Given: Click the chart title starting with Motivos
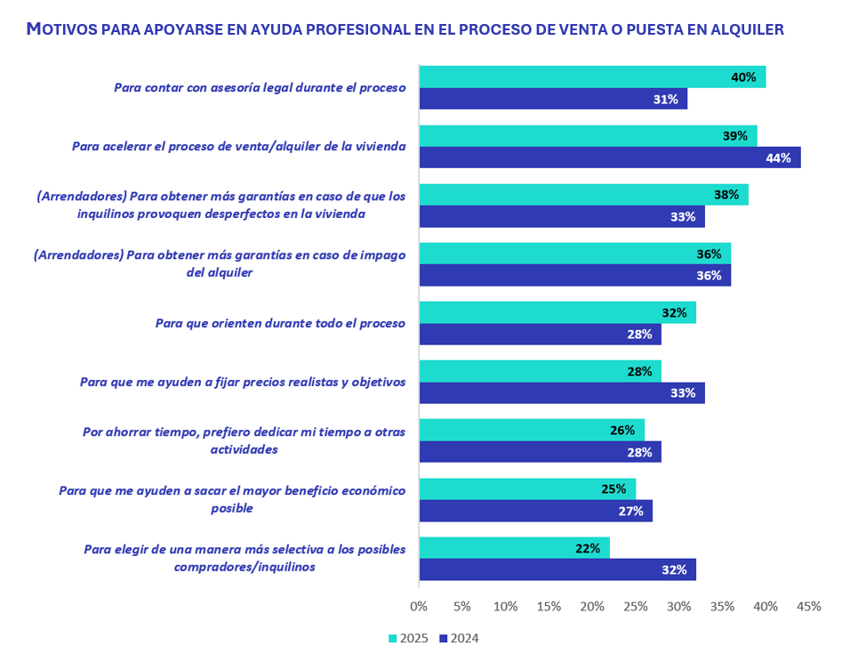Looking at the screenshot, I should [405, 29].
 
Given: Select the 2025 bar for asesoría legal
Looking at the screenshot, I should [591, 77].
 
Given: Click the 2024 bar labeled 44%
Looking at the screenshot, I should [609, 157].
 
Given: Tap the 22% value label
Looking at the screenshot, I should [588, 548].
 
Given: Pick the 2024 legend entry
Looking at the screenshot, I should [459, 638].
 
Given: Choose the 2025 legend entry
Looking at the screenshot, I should [409, 638].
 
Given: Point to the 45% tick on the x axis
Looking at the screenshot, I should [808, 607].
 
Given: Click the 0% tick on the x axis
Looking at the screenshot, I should [418, 607].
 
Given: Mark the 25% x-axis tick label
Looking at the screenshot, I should [635, 607].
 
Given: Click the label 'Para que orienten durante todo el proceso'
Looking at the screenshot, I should [280, 323].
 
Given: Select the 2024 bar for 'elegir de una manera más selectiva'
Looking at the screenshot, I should [557, 569].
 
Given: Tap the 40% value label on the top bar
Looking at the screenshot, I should [743, 77].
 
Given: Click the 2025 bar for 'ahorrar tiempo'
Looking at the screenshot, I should [531, 430].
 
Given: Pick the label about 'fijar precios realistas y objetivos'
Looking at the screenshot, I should [243, 382].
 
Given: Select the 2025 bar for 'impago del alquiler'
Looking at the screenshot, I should [574, 254].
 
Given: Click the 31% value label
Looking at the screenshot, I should [665, 100].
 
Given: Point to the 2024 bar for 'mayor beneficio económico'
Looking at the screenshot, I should [535, 511].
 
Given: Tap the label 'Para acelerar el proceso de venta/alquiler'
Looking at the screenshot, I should [238, 147].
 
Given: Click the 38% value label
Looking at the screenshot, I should [726, 195].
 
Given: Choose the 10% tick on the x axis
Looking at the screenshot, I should [505, 607].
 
